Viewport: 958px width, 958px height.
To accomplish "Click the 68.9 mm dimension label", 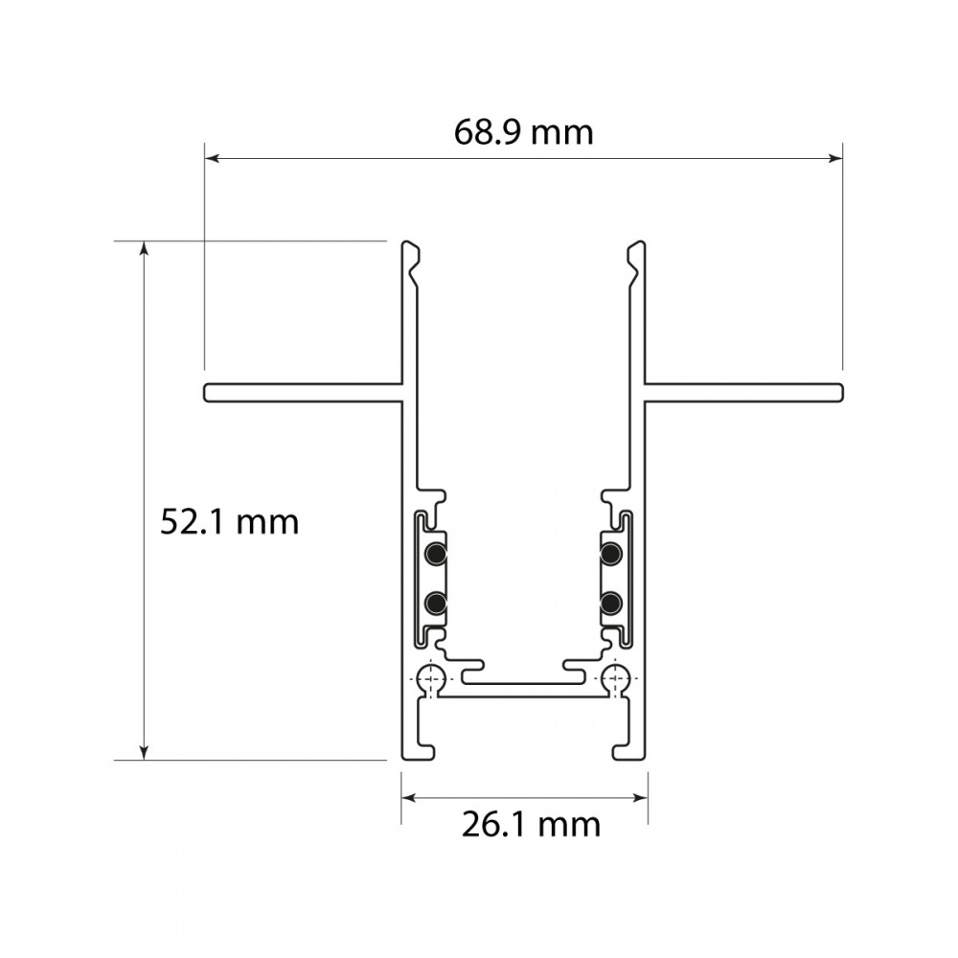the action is tap(524, 132).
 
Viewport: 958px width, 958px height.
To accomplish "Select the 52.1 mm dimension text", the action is tap(230, 522).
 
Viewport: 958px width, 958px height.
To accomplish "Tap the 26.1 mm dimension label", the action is tap(531, 825).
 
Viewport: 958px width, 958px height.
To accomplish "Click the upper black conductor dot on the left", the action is tap(436, 554).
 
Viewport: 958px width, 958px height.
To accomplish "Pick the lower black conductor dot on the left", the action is tap(436, 604).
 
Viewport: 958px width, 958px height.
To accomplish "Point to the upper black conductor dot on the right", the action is tap(611, 554).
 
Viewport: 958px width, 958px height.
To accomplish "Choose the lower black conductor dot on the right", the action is tap(611, 604).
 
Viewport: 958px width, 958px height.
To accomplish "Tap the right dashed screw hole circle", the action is tap(615, 679).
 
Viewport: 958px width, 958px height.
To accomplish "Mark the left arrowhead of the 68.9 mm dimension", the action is tap(211, 158).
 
